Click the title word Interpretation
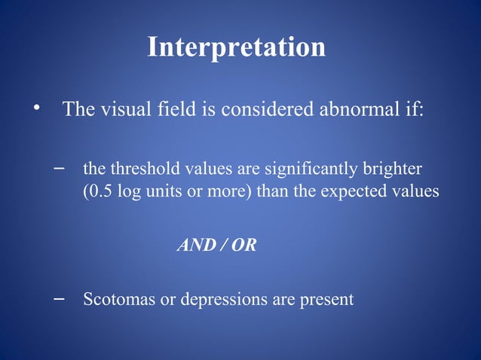pyautogui.click(x=236, y=47)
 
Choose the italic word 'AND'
pyautogui.click(x=194, y=245)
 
